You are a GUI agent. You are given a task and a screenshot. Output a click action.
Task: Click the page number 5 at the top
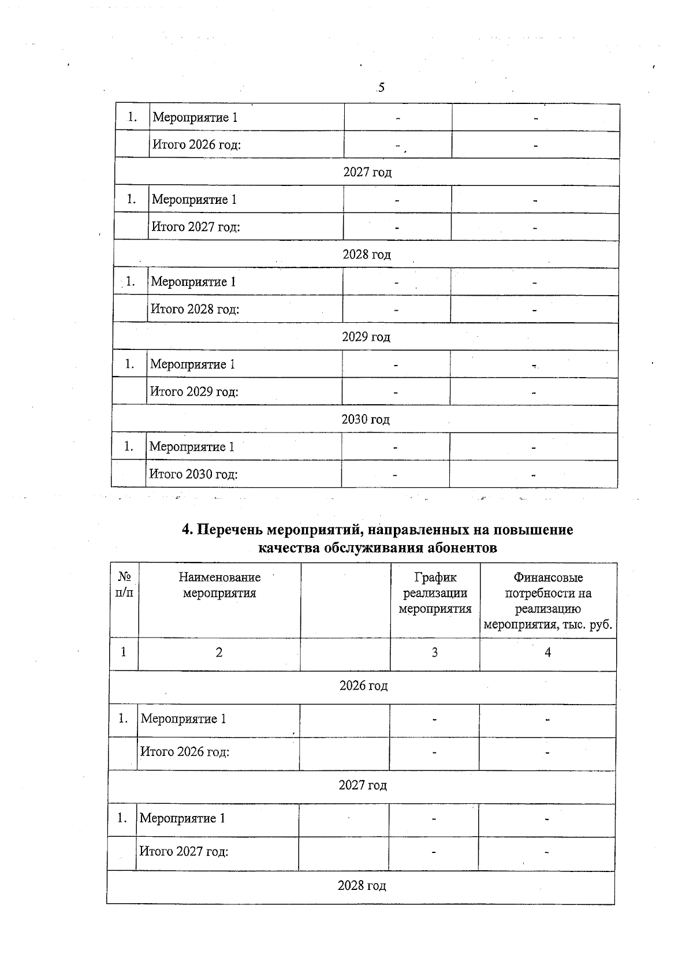coord(381,88)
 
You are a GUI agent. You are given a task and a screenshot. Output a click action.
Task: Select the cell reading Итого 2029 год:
coord(194,392)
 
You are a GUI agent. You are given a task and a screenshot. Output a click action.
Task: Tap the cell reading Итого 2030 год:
coord(193,474)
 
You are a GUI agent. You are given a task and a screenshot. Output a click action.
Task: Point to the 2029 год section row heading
coord(366,337)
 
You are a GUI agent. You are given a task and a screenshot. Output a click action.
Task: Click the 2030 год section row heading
coord(365,419)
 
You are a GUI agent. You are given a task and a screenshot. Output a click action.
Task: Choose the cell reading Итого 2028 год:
coord(195,309)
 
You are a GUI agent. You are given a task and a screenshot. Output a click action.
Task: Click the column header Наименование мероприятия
coord(219,585)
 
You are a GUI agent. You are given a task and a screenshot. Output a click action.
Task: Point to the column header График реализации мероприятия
coord(435,593)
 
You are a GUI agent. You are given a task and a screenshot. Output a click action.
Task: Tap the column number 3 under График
coord(435,653)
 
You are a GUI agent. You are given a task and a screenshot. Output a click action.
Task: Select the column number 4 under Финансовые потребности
coord(548,653)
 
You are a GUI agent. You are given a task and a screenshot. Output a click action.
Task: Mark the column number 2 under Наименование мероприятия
coord(219,653)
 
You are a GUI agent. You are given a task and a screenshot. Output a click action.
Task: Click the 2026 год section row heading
coord(363,686)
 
